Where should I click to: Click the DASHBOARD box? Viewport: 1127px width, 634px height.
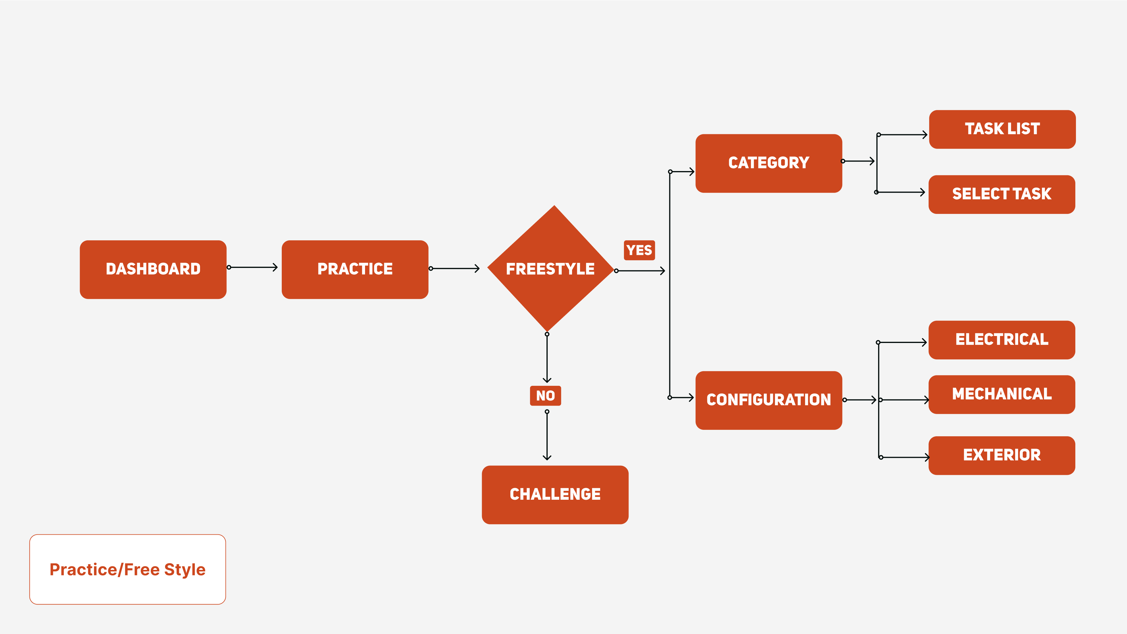(153, 269)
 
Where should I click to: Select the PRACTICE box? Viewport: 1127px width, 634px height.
(355, 269)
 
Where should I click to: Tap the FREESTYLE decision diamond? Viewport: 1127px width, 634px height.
(550, 269)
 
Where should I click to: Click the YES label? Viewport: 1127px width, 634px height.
(639, 250)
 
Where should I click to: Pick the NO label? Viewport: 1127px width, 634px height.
(545, 396)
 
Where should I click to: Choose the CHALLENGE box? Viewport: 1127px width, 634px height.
(555, 495)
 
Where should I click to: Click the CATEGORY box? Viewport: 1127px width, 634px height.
(769, 163)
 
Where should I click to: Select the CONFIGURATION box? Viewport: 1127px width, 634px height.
(769, 400)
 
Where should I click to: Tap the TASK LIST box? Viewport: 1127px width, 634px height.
(1002, 129)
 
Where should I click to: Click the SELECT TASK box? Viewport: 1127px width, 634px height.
(1001, 194)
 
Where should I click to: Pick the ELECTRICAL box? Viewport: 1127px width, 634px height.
(1001, 340)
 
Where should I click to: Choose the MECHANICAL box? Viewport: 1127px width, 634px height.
(1001, 394)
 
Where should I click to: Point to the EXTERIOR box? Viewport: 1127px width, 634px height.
(1001, 455)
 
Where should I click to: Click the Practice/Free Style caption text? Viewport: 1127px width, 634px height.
(127, 569)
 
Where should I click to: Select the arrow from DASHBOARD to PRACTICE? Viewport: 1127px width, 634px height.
(253, 267)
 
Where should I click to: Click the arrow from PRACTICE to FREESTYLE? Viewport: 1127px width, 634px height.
(455, 269)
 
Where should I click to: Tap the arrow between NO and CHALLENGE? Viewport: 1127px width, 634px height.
(547, 435)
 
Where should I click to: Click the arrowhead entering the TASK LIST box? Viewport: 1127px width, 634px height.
(925, 135)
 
